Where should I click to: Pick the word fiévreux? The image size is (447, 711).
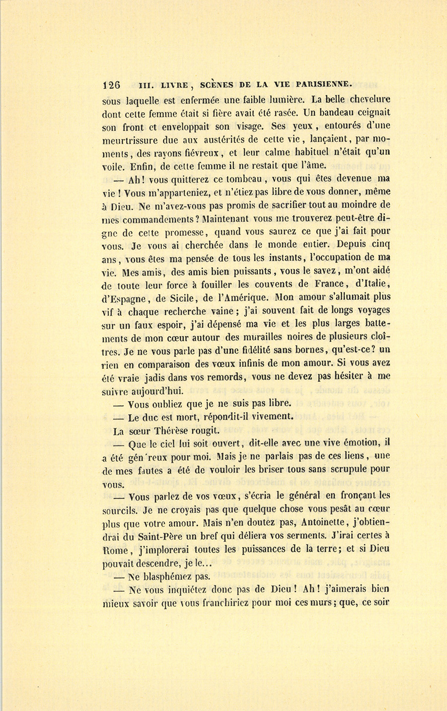tap(200, 153)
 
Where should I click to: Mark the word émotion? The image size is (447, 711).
tap(353, 443)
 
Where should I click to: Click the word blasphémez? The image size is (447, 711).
tap(169, 577)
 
